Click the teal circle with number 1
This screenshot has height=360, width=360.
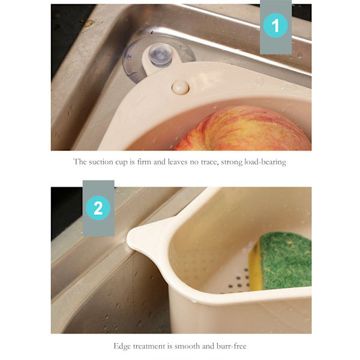click(275, 25)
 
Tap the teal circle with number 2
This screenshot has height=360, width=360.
click(98, 208)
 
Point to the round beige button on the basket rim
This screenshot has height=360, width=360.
click(181, 87)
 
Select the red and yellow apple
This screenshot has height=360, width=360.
click(244, 130)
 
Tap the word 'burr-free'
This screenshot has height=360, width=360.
click(231, 346)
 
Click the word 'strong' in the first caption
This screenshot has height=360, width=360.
click(232, 163)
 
